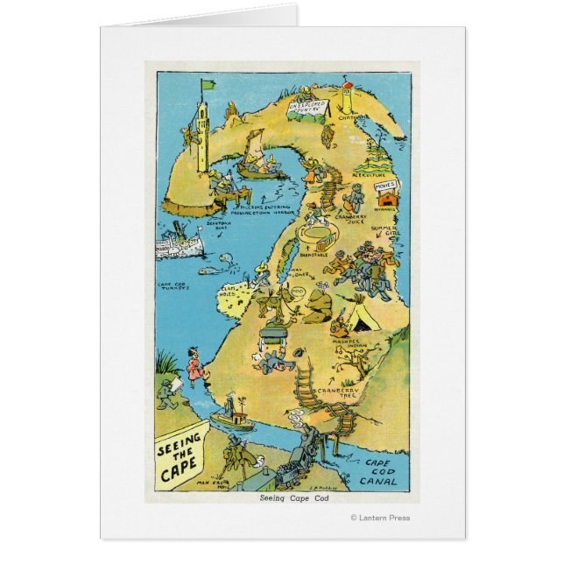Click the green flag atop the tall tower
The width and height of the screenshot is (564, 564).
click(208, 86)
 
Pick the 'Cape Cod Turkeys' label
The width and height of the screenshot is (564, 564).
click(178, 287)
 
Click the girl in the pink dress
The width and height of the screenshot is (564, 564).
click(191, 362)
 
